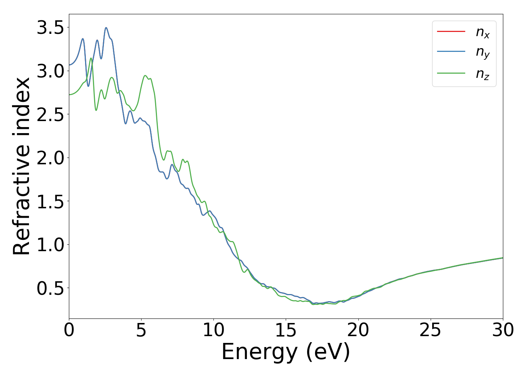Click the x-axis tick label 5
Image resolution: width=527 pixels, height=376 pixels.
[x=141, y=331]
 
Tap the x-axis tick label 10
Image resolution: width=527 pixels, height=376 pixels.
[x=213, y=331]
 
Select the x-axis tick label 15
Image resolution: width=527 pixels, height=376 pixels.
[x=286, y=331]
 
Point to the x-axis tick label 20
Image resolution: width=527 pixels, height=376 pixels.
[x=358, y=331]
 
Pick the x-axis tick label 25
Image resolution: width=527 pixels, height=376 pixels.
[x=430, y=331]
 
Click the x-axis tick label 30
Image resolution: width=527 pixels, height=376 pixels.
[x=503, y=331]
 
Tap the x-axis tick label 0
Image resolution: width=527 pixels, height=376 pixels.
[x=69, y=331]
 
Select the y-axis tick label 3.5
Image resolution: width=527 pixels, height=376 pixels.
[x=50, y=28]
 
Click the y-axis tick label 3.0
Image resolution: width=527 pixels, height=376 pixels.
[x=50, y=71]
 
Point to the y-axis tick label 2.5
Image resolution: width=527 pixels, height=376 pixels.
[x=50, y=115]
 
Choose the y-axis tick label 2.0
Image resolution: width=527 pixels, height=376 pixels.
[x=50, y=158]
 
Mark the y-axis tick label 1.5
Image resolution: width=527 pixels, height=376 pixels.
[x=50, y=202]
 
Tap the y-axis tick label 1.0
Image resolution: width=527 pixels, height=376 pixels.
[x=50, y=245]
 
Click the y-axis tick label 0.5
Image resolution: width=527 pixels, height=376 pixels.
[x=50, y=288]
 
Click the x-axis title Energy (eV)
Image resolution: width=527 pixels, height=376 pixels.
[x=286, y=352]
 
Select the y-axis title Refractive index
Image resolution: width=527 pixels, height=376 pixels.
[x=22, y=166]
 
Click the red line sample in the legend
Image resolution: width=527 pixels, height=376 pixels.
[x=451, y=32]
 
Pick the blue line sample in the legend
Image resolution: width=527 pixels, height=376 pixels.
[x=451, y=52]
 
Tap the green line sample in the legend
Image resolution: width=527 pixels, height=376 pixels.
[x=451, y=73]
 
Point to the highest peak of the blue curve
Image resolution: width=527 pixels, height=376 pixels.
[x=106, y=27]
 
